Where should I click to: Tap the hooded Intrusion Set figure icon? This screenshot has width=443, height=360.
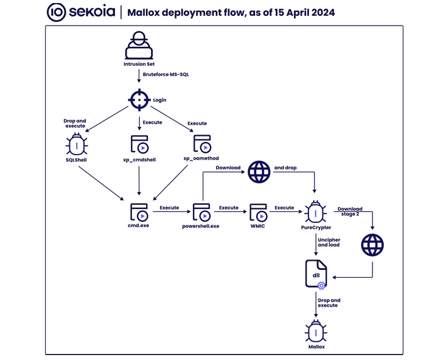pos(139,46)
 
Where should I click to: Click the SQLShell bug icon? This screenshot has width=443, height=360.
pos(77,145)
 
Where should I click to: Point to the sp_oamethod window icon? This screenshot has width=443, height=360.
pos(201,144)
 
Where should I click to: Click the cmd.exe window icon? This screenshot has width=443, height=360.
pos(139,211)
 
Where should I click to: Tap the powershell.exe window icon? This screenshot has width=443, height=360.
pos(201,211)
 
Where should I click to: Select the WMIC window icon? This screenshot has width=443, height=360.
pos(258,211)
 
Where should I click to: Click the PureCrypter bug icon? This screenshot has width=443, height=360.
pos(316,212)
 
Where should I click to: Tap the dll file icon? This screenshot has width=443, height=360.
pos(316,275)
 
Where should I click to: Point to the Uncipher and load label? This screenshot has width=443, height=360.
pos(329,242)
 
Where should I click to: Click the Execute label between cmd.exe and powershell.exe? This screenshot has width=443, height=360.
pos(169,208)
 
